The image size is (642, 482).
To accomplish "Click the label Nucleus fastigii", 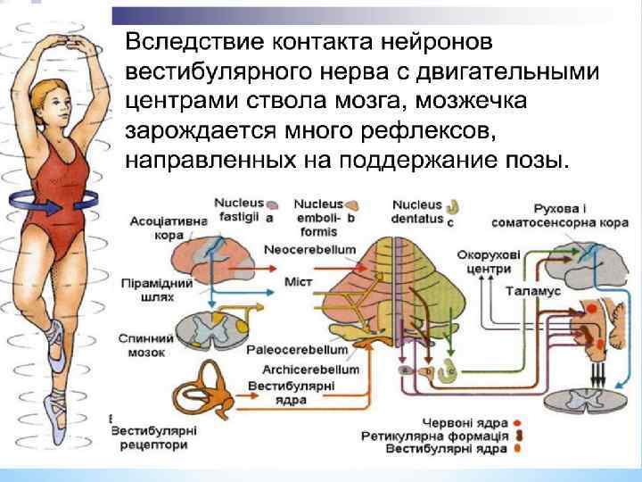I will point(235,210).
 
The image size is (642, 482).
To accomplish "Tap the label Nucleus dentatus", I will point(416,210).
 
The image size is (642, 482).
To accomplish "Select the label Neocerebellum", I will point(309,248).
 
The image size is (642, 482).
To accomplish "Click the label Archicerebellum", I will point(310,368).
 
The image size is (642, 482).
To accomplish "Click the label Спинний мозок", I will point(140,345).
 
